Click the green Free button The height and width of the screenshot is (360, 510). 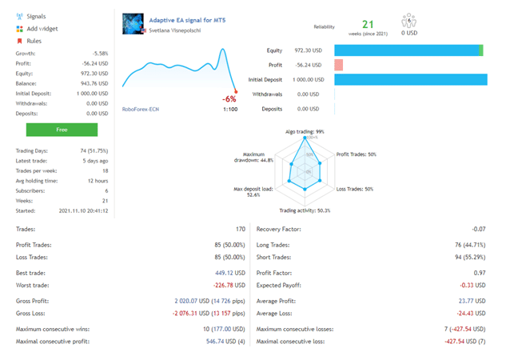pyautogui.click(x=62, y=129)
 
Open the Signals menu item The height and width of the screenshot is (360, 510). pyautogui.click(x=36, y=16)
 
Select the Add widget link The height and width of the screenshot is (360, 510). pyautogui.click(x=42, y=29)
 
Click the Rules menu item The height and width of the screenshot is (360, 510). pyautogui.click(x=34, y=41)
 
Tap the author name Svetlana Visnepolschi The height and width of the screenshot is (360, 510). pyautogui.click(x=175, y=30)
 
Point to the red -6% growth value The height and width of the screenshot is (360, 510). pyautogui.click(x=229, y=99)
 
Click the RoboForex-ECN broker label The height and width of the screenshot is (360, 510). pyautogui.click(x=141, y=110)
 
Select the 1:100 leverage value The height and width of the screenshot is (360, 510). pyautogui.click(x=230, y=110)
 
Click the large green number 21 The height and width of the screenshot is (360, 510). pyautogui.click(x=368, y=26)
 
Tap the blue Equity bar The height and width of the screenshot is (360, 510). pyautogui.click(x=408, y=50)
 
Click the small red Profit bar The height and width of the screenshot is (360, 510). pyautogui.click(x=339, y=65)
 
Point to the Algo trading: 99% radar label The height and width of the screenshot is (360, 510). pyautogui.click(x=305, y=131)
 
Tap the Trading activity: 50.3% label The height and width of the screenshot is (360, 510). pyautogui.click(x=305, y=210)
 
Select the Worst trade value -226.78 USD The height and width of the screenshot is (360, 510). pyautogui.click(x=225, y=286)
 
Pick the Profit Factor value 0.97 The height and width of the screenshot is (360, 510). pyautogui.click(x=479, y=274)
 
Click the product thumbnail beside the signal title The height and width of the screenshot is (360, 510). pyautogui.click(x=133, y=24)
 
